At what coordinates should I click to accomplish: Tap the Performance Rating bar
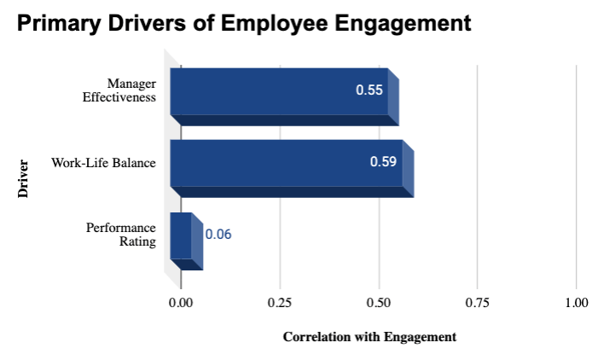coord(181,235)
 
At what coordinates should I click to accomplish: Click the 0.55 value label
coord(369,90)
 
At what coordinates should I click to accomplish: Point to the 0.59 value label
coord(383,161)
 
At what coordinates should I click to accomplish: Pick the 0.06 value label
coord(218,234)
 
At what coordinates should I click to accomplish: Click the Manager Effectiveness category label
coord(119,90)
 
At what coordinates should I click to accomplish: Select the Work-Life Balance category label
coord(103,162)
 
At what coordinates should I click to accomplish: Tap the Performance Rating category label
coord(121,235)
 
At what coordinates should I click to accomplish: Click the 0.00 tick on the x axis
coord(181,302)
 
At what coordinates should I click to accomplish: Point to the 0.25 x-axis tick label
coord(280,302)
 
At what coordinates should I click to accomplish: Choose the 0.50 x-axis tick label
coord(379,302)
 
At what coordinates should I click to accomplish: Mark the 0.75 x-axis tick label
coord(478,302)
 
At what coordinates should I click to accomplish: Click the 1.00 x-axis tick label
coord(577,302)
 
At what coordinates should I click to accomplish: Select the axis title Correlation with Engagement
coord(369,336)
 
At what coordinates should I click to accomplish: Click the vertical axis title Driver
coord(23,178)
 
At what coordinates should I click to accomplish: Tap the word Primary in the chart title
coord(56,25)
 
